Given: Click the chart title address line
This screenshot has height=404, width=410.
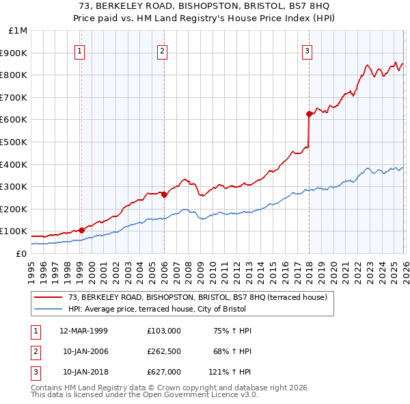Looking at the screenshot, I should pyautogui.click(x=204, y=6).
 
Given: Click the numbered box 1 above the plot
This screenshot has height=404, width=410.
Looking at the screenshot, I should pyautogui.click(x=80, y=51).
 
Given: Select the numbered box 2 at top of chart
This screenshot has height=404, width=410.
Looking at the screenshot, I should pyautogui.click(x=162, y=51).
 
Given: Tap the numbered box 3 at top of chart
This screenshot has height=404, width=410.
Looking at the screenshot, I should pyautogui.click(x=307, y=51).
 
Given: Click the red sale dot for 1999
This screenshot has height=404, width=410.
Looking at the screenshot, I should pyautogui.click(x=81, y=230).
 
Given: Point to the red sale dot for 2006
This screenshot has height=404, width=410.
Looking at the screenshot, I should pyautogui.click(x=164, y=194).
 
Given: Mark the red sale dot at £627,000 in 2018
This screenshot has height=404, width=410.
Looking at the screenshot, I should pyautogui.click(x=309, y=114).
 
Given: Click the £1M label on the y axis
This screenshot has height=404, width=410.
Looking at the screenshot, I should pyautogui.click(x=18, y=31).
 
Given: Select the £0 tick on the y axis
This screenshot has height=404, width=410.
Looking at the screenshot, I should pyautogui.click(x=21, y=253).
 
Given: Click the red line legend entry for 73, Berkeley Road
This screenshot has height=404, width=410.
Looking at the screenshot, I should pyautogui.click(x=198, y=297).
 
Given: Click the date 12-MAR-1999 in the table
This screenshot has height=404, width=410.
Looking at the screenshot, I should pyautogui.click(x=83, y=331).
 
